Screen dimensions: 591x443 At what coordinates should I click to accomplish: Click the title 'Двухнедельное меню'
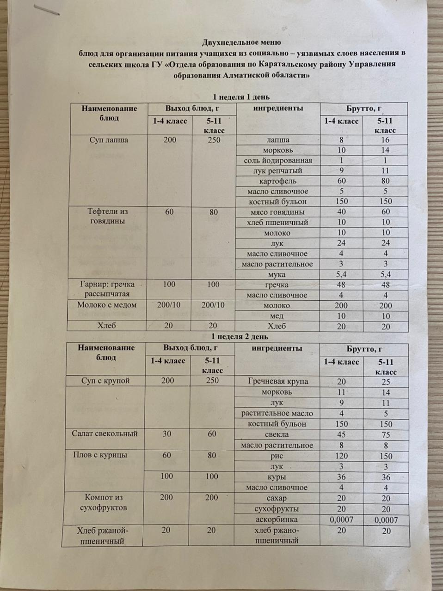[x=241, y=43]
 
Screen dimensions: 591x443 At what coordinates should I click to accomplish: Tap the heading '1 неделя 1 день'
[x=240, y=97]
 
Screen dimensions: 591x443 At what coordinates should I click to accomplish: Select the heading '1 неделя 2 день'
[x=239, y=337]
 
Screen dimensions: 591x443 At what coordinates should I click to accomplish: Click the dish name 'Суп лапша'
[x=108, y=140]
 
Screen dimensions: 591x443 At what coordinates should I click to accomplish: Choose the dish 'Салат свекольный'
[x=105, y=434]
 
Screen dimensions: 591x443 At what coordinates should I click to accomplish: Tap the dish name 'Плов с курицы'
[x=100, y=455]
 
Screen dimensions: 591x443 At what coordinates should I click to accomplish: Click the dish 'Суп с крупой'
[x=105, y=381]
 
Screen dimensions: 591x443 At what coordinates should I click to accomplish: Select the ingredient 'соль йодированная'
[x=278, y=161]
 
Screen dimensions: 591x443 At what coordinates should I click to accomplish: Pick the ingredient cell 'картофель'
[x=278, y=181]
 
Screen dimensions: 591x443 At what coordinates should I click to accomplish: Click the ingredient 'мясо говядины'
[x=277, y=212]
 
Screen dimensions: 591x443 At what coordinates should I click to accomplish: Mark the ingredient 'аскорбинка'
[x=277, y=520]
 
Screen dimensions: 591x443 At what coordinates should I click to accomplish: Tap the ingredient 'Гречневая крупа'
[x=277, y=382]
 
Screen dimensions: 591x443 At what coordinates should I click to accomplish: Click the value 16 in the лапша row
[x=385, y=140]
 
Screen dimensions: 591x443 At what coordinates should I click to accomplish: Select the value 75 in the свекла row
[x=386, y=435]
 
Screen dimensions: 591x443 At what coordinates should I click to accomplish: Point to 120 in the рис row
[x=341, y=456]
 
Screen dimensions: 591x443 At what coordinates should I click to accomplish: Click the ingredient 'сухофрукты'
[x=277, y=509]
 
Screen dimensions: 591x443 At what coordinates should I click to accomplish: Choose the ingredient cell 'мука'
[x=277, y=275]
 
